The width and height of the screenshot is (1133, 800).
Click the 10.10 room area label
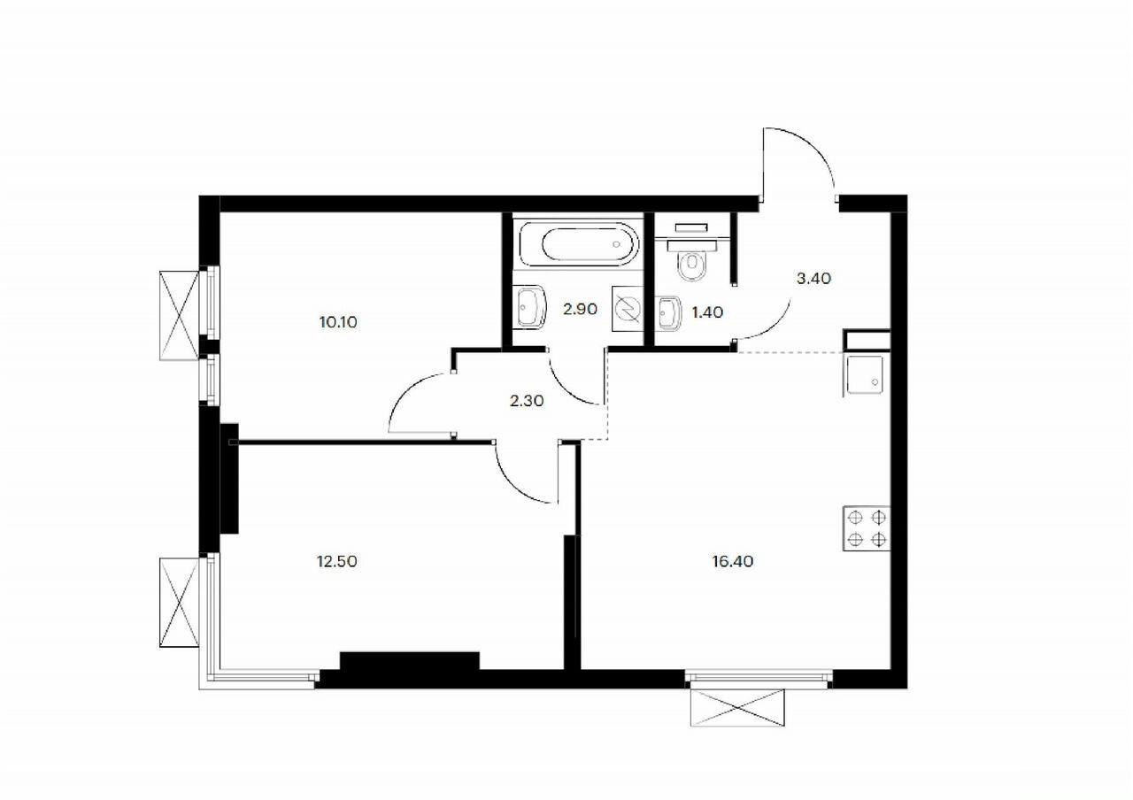(x=338, y=322)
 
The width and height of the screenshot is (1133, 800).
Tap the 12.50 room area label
(x=336, y=561)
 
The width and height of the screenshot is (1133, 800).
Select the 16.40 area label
(x=731, y=561)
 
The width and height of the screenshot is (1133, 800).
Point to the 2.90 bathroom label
(x=580, y=310)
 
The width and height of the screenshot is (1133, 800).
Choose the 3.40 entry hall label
(x=813, y=278)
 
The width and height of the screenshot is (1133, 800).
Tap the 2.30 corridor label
(x=527, y=400)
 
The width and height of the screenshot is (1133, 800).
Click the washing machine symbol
(x=627, y=311)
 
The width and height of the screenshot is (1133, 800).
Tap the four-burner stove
(x=867, y=529)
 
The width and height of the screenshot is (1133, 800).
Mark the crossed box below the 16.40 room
(x=737, y=708)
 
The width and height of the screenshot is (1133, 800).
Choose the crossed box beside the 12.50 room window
(x=180, y=602)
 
